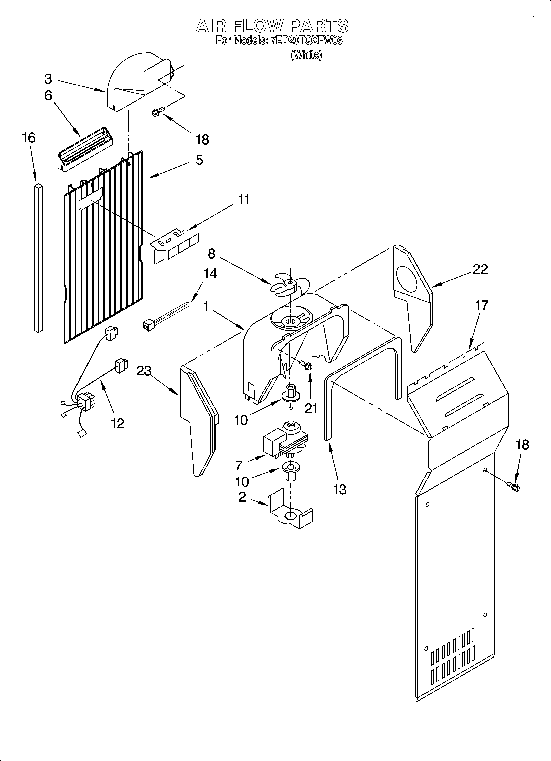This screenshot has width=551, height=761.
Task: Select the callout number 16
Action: [29, 138]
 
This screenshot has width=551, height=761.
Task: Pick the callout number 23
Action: [144, 371]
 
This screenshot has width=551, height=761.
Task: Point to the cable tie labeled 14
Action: [166, 315]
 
